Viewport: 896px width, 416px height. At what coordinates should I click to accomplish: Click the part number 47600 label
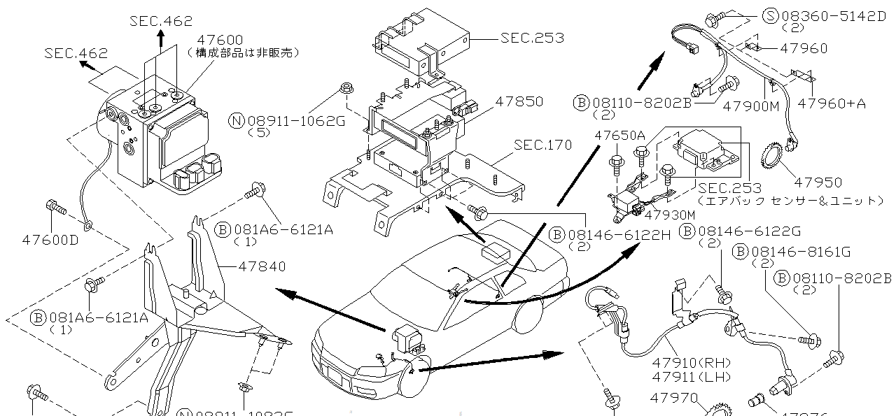point(210,40)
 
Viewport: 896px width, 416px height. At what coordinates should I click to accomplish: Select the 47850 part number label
point(519,101)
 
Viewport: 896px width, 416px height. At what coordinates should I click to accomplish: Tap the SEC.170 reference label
point(542,145)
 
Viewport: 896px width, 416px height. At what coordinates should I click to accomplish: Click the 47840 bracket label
point(262,266)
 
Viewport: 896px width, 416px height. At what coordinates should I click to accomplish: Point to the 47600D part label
point(50,239)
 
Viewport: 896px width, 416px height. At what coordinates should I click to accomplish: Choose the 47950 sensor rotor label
point(818,182)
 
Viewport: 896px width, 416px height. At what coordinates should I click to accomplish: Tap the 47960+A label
point(831,103)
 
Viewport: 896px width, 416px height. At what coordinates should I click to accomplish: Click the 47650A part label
point(619,135)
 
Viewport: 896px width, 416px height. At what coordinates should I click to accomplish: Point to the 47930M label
point(670,215)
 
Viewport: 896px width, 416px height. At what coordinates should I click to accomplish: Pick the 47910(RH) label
point(691,363)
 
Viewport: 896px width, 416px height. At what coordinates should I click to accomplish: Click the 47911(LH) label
point(691,377)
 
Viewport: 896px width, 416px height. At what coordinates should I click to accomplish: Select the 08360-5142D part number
point(823,15)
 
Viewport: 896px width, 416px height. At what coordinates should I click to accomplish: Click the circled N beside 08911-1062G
point(237,121)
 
